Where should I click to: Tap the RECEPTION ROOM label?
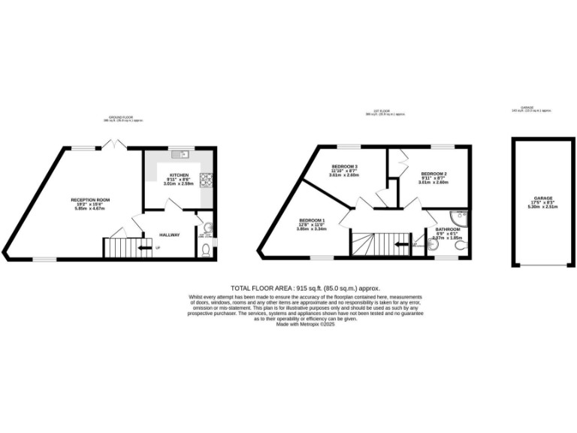[x=90, y=199]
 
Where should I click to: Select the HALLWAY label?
[x=169, y=235]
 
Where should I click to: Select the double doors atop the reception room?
[x=113, y=144]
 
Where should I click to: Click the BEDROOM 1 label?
[x=310, y=221]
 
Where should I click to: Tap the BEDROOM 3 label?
[x=345, y=166]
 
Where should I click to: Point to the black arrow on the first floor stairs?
[x=400, y=244]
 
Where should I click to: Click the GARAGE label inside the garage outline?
[x=539, y=199]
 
